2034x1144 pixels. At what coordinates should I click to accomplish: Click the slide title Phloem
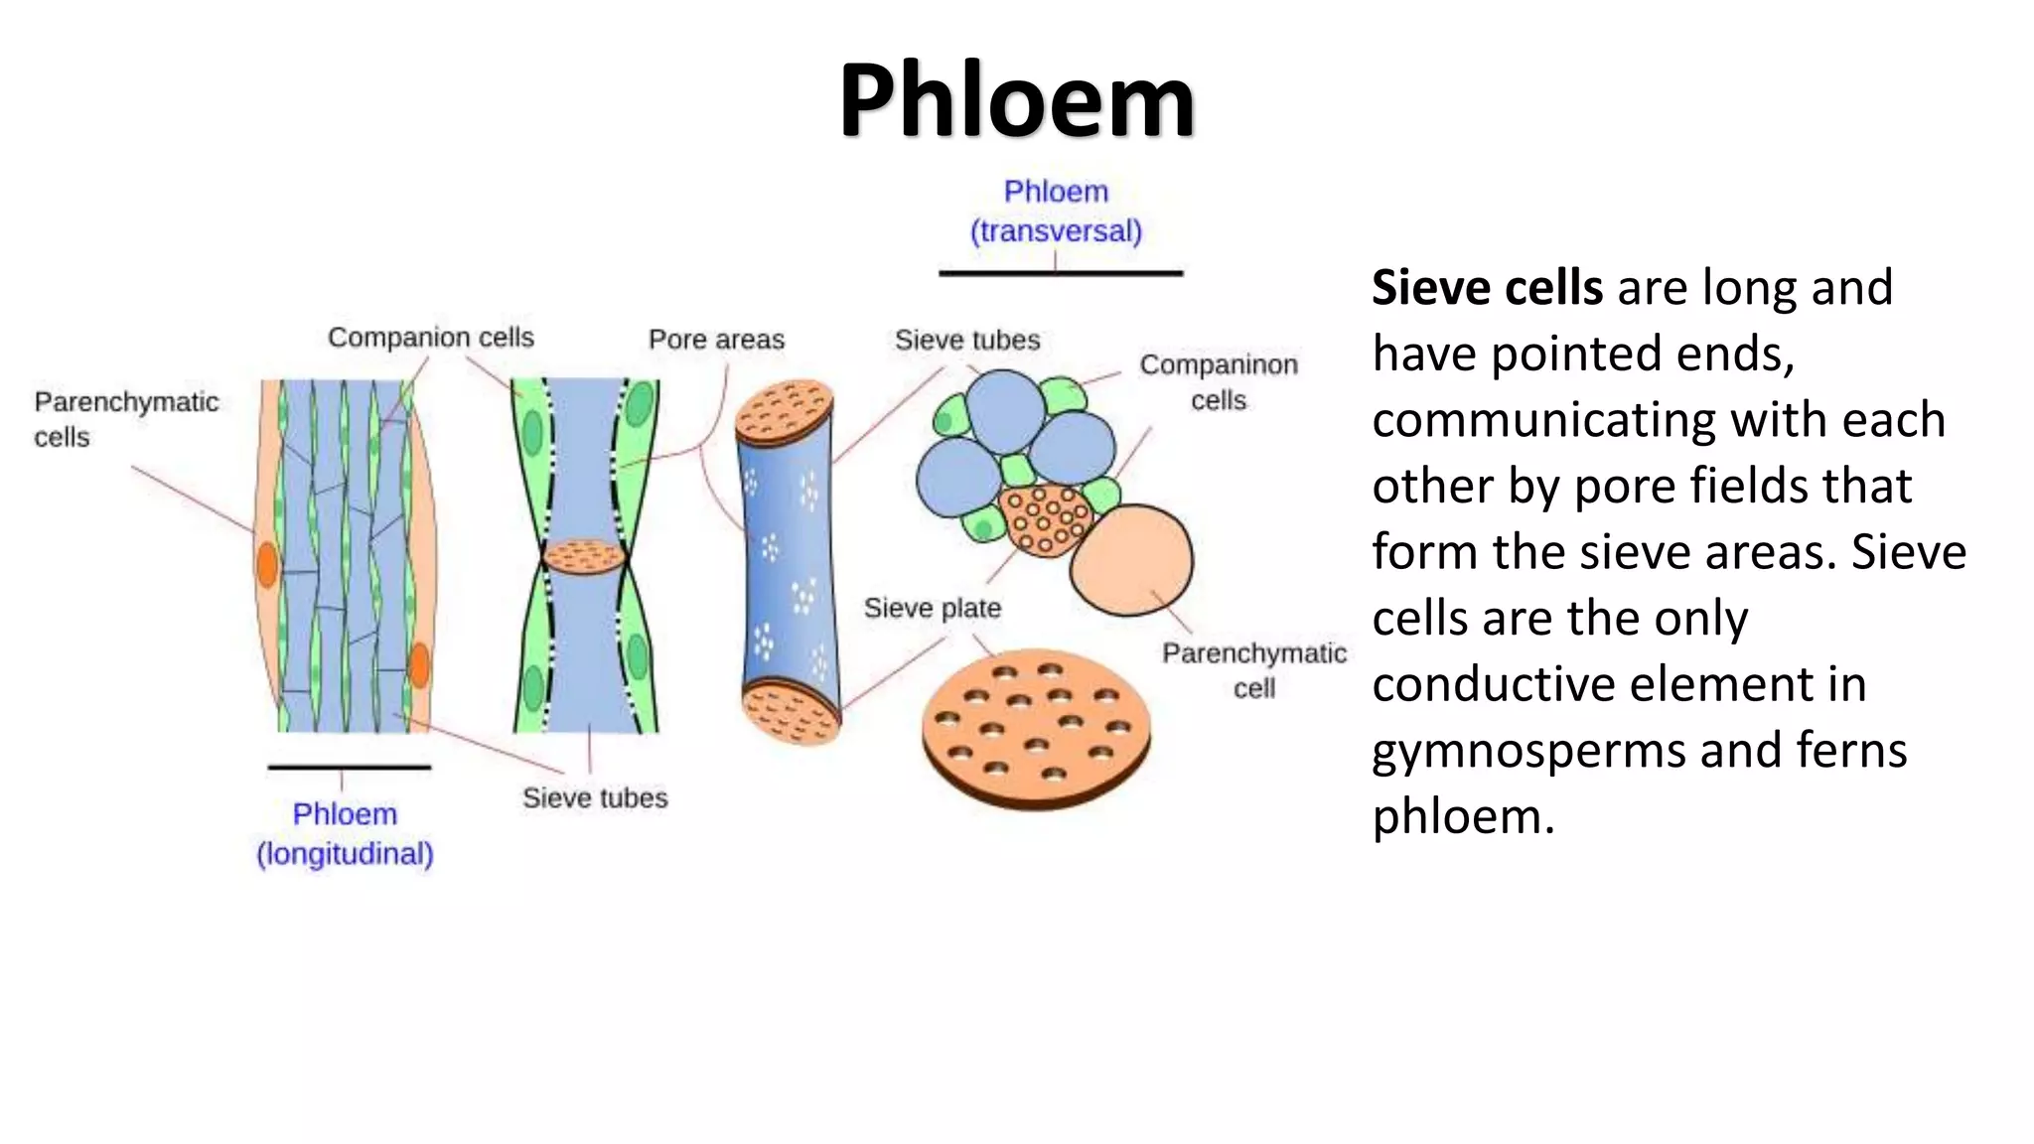click(x=1016, y=100)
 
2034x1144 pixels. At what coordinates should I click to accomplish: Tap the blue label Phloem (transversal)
click(x=1056, y=212)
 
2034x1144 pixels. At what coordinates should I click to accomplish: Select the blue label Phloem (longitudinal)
click(x=345, y=834)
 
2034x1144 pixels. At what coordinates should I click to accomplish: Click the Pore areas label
click(x=716, y=340)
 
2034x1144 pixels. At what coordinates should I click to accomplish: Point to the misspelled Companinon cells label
click(x=1219, y=382)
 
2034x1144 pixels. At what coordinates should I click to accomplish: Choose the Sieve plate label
click(x=932, y=608)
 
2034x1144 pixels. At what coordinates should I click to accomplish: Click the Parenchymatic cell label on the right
click(x=1254, y=670)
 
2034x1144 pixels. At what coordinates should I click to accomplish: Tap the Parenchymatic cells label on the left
click(x=126, y=419)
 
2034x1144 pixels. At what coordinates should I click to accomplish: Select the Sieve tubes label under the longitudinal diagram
click(x=595, y=797)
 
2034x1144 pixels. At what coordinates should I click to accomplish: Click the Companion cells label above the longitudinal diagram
click(x=431, y=338)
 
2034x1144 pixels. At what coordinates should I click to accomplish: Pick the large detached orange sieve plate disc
click(x=1036, y=728)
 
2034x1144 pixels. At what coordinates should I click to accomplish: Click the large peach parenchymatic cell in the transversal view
click(x=1132, y=559)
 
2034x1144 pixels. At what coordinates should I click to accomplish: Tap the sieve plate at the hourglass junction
click(x=584, y=557)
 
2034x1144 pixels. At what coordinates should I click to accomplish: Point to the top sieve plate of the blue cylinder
click(x=784, y=412)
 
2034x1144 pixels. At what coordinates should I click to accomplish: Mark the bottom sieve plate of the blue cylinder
click(x=791, y=712)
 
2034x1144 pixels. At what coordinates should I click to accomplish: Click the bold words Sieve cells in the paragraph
click(x=1487, y=288)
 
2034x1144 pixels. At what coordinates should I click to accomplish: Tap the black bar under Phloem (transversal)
click(x=1061, y=273)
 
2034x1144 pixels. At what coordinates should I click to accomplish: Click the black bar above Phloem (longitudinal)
click(x=349, y=767)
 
